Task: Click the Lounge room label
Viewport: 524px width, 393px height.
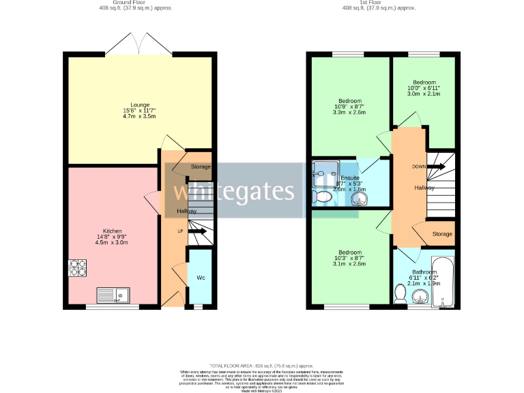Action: click(140, 104)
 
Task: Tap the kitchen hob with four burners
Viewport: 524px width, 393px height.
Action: click(77, 268)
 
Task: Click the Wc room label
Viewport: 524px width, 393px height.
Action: click(201, 278)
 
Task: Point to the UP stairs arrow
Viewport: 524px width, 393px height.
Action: click(199, 232)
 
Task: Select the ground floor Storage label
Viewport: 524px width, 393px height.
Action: click(201, 167)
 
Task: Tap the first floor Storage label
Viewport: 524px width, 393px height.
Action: click(442, 234)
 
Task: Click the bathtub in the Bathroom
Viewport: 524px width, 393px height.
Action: click(441, 281)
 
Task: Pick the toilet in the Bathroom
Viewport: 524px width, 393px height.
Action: click(401, 293)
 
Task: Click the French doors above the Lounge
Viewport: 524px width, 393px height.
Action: click(140, 46)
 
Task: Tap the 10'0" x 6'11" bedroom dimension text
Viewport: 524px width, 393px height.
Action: click(424, 88)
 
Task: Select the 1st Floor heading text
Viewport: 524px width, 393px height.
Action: click(379, 3)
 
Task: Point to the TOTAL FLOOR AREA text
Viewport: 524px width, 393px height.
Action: click(261, 366)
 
